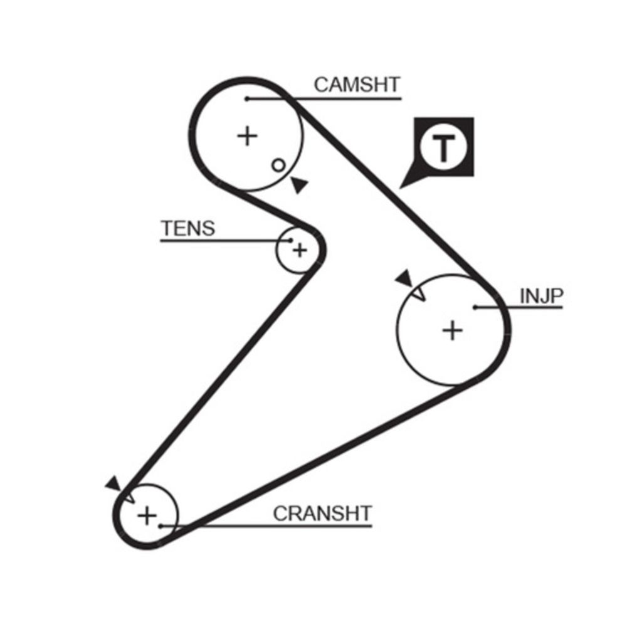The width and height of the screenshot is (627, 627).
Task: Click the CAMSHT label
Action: [x=357, y=85]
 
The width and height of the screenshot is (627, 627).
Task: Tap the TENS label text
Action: [x=187, y=228]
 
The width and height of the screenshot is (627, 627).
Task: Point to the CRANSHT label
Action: [x=322, y=514]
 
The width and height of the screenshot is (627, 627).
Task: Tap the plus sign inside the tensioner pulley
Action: [x=300, y=250]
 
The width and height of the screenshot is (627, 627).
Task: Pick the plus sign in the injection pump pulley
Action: [x=452, y=329]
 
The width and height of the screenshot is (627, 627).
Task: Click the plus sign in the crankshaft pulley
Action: [x=147, y=516]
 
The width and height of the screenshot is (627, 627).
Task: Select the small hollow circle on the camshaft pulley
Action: [x=278, y=165]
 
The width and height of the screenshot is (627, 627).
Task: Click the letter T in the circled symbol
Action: [x=444, y=149]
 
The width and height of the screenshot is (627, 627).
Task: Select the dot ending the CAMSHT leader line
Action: [x=248, y=98]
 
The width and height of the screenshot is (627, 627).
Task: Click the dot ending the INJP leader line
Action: [x=476, y=307]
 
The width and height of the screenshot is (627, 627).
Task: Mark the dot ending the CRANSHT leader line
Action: [x=161, y=525]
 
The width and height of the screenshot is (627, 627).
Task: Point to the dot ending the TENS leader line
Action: [x=291, y=240]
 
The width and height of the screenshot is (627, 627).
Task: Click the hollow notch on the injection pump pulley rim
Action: [x=418, y=293]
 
